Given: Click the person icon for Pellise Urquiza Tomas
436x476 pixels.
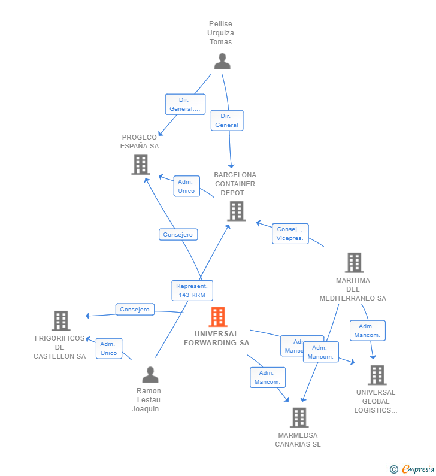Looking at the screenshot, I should click(222, 62).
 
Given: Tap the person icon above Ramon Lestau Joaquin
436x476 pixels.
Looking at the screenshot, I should click(150, 375).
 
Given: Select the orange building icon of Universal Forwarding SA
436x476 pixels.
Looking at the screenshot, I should click(218, 317).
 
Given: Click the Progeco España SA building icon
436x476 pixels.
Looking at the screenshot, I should click(141, 165).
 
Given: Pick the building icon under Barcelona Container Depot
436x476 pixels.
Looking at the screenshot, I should click(237, 211).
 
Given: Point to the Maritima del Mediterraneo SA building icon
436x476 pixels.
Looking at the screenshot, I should click(354, 263).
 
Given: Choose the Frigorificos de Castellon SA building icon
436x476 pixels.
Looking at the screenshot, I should click(60, 321).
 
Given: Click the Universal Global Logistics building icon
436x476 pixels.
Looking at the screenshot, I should click(377, 375).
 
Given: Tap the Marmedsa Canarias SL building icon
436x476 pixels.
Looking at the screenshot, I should click(299, 417).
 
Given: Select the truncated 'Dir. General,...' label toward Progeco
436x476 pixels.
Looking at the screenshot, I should click(185, 104).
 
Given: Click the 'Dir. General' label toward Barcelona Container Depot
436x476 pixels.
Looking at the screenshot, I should click(227, 120).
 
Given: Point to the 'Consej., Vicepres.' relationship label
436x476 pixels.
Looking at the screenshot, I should click(290, 234).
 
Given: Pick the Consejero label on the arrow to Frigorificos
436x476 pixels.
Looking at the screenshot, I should click(135, 310).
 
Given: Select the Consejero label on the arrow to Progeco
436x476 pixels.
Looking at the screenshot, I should click(178, 235).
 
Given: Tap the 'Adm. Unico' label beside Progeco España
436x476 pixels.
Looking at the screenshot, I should click(186, 186).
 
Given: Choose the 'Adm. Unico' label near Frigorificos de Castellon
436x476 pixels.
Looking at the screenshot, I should click(109, 348).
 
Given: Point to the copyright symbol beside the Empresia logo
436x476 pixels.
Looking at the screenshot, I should click(394, 469).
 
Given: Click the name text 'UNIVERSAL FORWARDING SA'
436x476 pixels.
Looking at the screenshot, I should click(216, 338).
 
